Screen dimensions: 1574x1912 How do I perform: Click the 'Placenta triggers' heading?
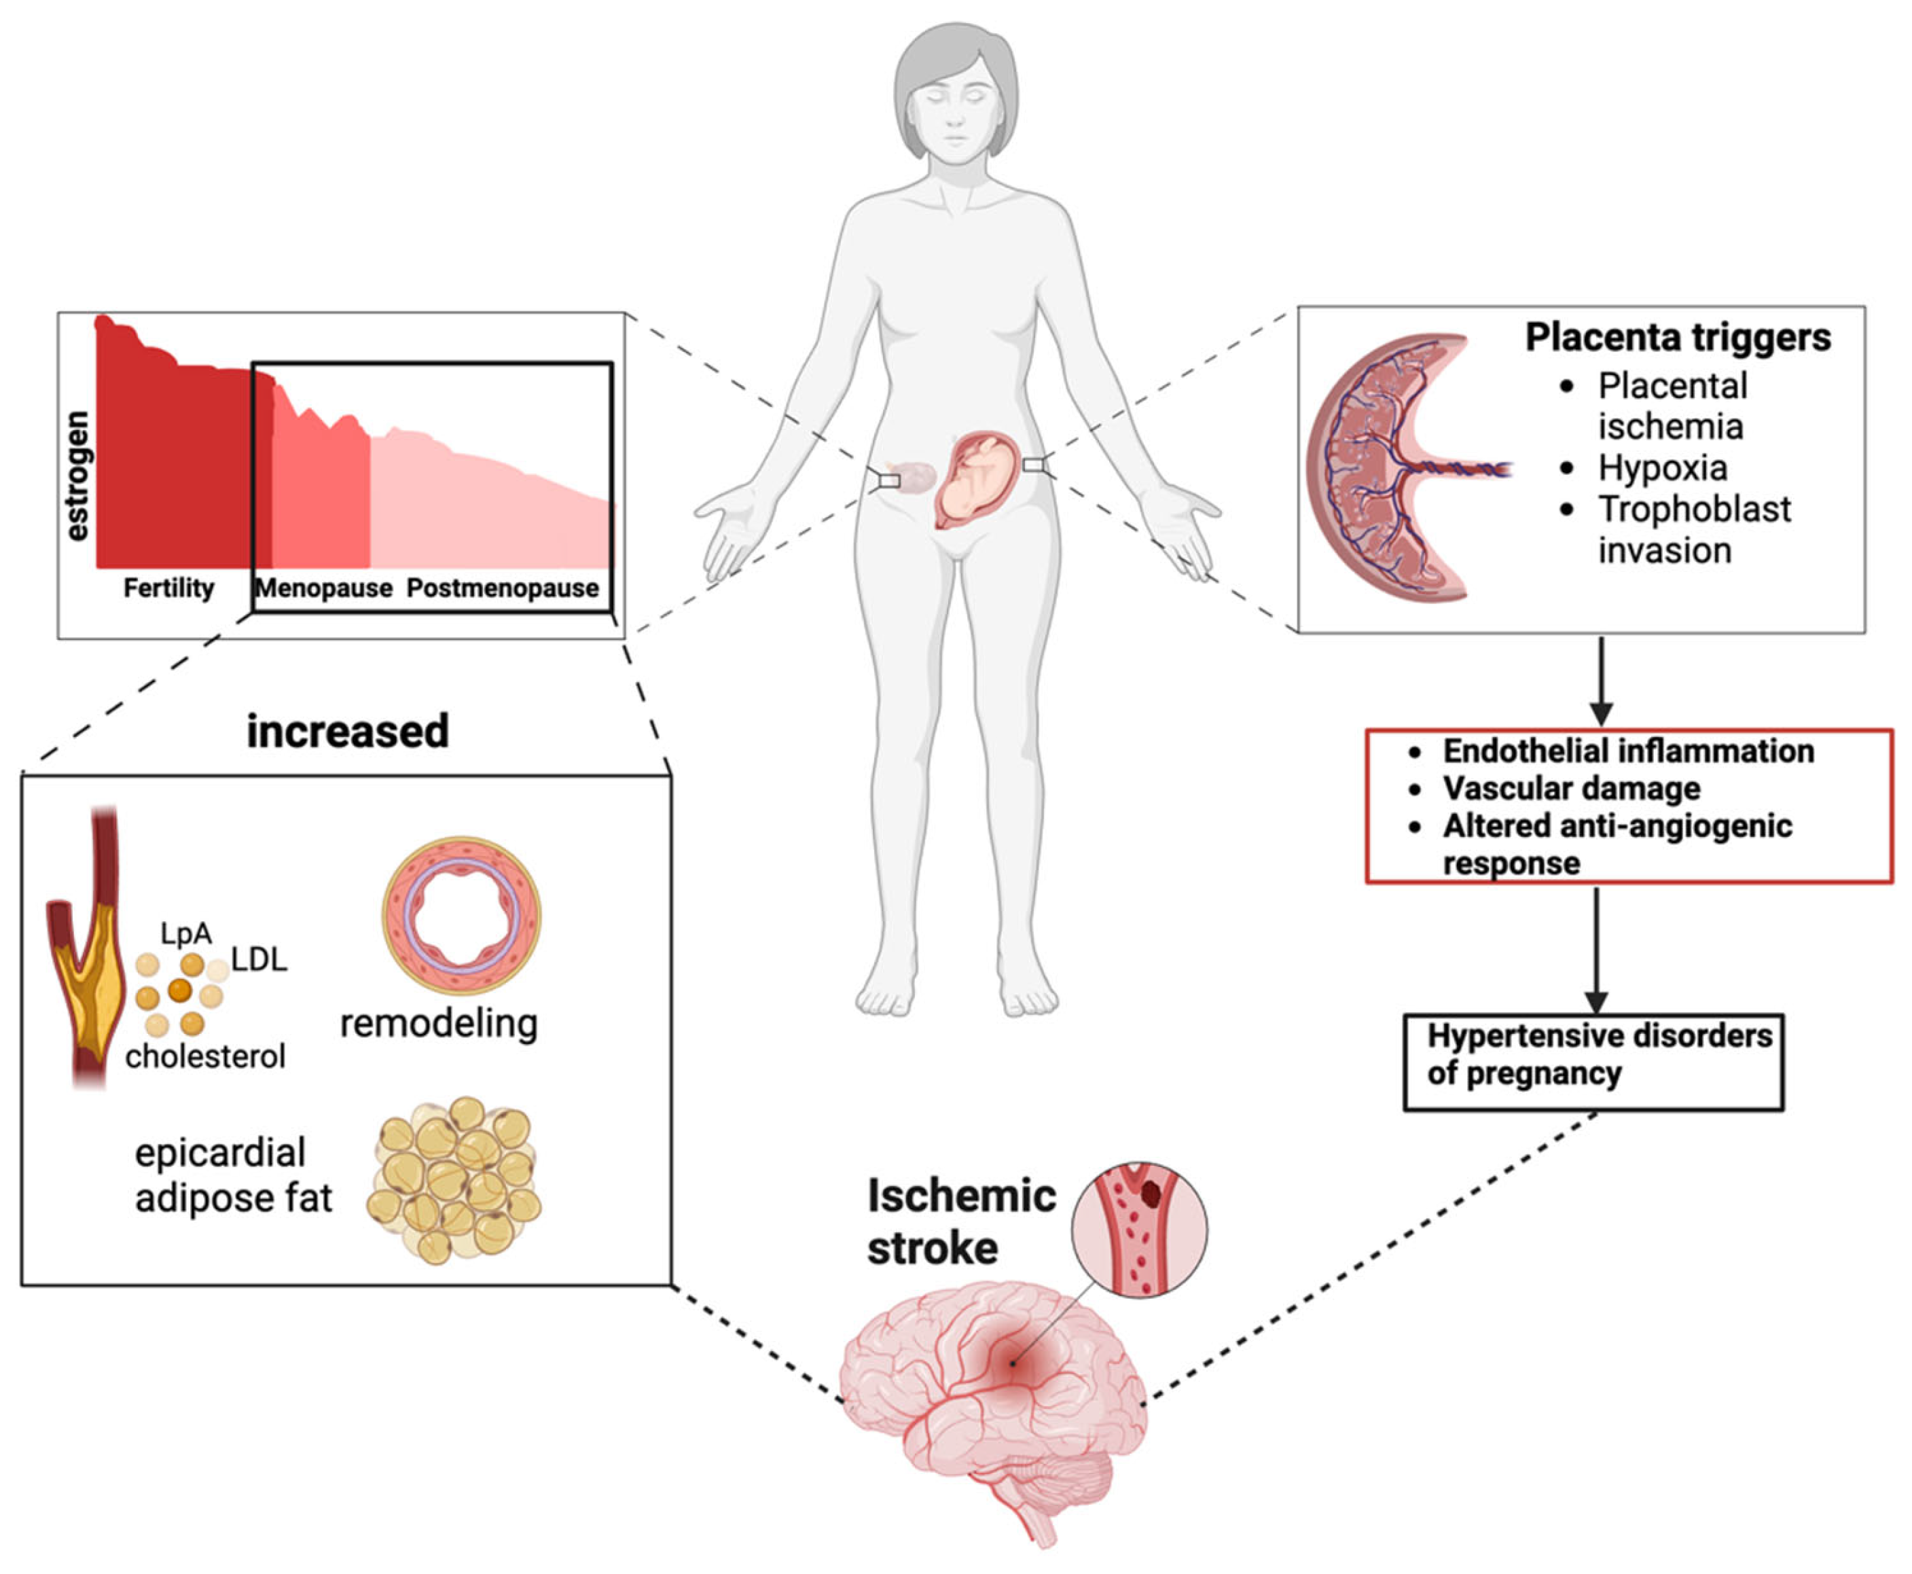1677,337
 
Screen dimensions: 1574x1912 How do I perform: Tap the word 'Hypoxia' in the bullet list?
1662,468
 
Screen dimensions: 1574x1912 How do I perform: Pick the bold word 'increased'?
347,731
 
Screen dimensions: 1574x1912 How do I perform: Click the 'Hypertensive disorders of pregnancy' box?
1593,1062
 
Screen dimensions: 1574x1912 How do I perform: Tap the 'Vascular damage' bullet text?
1571,788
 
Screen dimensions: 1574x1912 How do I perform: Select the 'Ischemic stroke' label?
960,1221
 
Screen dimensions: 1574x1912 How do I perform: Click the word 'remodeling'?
439,1024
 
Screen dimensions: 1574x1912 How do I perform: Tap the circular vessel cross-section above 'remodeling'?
461,915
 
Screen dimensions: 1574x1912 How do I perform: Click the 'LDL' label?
259,959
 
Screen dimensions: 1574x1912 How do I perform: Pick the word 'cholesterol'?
206,1056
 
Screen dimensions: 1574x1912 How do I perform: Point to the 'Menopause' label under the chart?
324,588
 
